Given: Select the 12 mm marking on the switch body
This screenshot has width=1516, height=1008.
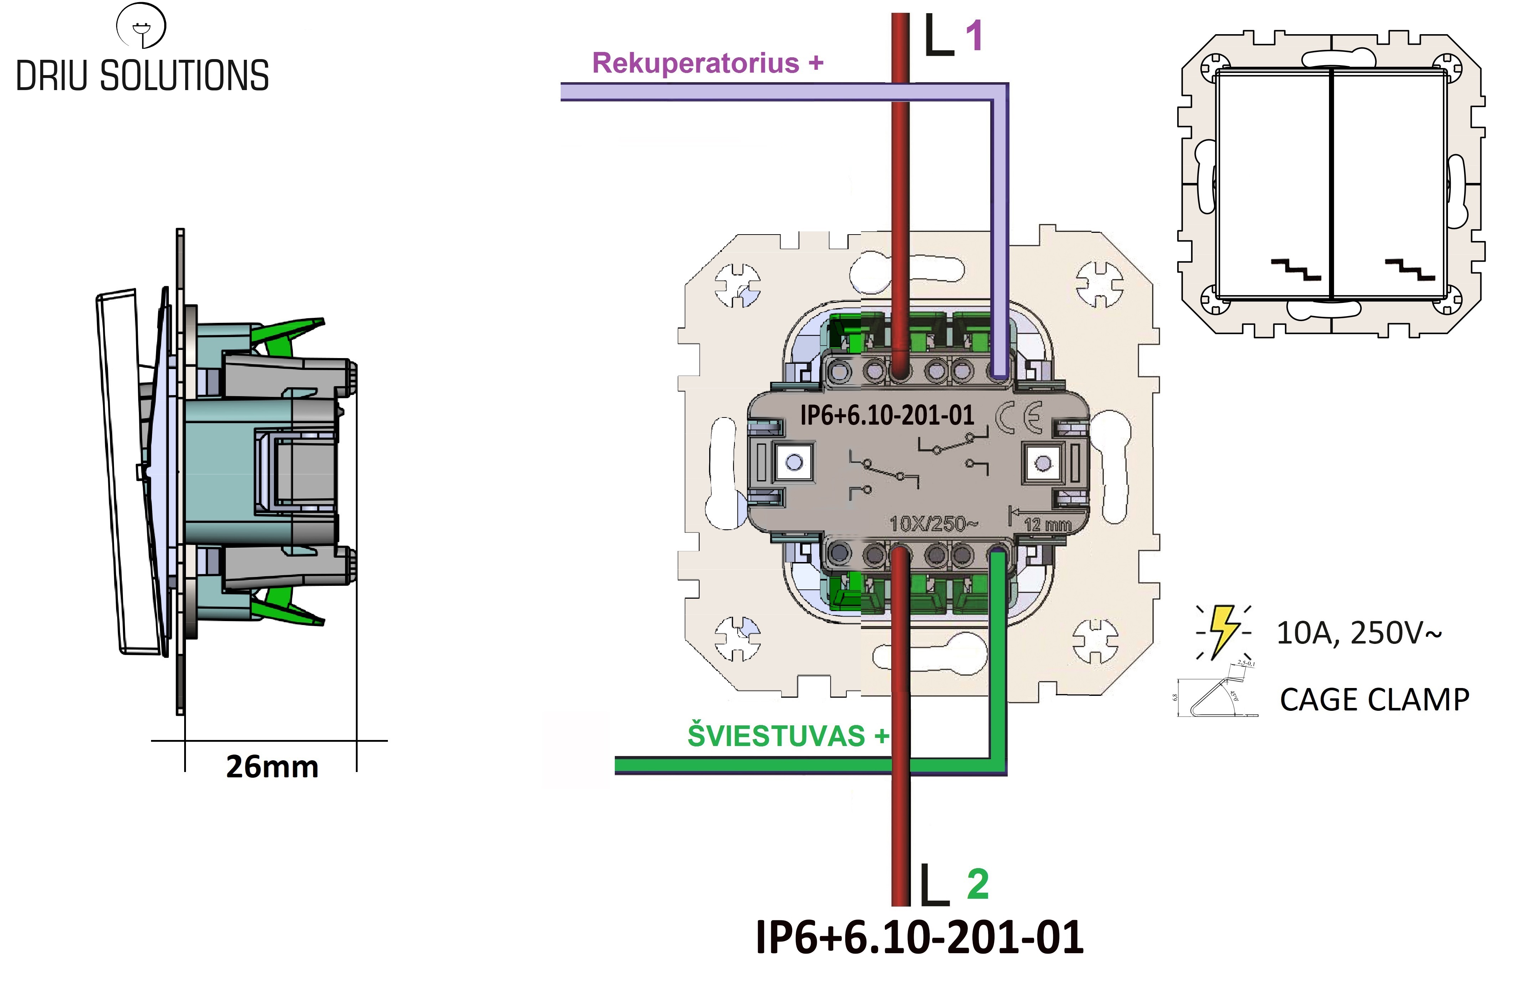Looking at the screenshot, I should (x=1047, y=525).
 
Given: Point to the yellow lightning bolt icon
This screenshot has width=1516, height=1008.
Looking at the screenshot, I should (x=1223, y=631).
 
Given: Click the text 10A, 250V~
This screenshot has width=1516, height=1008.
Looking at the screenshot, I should (x=1359, y=633).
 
